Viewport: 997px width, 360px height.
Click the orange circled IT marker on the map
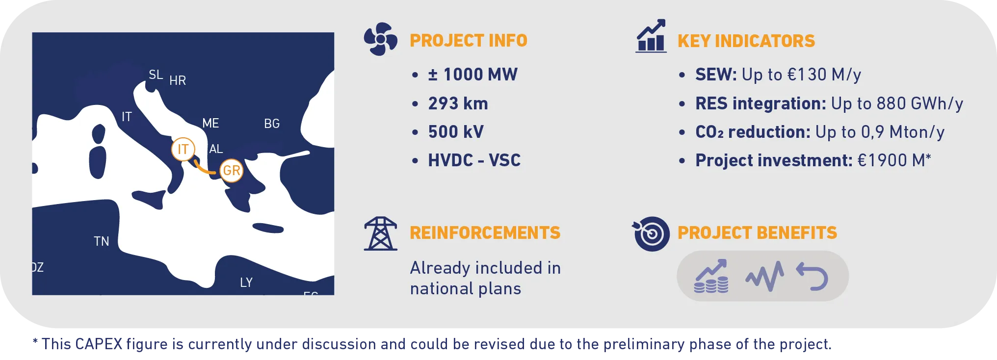[x=183, y=149]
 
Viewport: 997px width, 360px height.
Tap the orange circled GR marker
[x=231, y=171]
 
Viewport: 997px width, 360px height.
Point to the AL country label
[x=216, y=149]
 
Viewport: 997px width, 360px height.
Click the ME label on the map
[x=210, y=123]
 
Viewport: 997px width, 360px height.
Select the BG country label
[x=272, y=124]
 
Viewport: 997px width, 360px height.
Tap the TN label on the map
[x=102, y=241]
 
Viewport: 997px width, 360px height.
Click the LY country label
[x=246, y=283]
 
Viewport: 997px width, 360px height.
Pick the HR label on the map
[x=178, y=80]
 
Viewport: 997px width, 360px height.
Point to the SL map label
[x=156, y=75]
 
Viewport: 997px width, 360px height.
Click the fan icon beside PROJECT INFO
[x=380, y=39]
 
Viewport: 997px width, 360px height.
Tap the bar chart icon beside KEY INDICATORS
[x=651, y=36]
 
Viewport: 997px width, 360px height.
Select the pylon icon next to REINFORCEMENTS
[x=380, y=233]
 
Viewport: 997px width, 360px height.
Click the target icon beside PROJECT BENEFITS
[x=651, y=234]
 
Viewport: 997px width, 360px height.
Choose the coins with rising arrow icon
[x=711, y=276]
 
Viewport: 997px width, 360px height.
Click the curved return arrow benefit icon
[x=812, y=276]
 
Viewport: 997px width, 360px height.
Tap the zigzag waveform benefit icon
[x=764, y=276]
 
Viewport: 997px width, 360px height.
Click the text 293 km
[x=458, y=103]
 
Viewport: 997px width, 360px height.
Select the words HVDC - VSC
[x=474, y=160]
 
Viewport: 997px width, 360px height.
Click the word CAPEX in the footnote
[x=99, y=344]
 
